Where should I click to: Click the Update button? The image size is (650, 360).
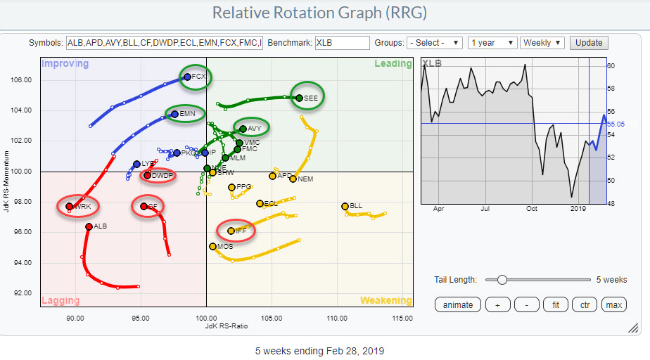[588, 43]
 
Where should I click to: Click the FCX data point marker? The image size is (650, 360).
[187, 77]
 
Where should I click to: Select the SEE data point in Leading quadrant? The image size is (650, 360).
[299, 98]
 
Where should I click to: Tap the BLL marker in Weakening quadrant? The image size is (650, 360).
[345, 206]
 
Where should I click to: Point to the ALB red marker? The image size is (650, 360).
[89, 226]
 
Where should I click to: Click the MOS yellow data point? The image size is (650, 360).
[212, 247]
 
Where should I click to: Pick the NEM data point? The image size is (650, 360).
[293, 179]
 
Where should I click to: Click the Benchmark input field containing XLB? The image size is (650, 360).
[342, 43]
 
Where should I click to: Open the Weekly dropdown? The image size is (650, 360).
[542, 43]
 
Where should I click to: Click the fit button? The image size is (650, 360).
[555, 304]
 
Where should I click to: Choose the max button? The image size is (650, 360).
[613, 304]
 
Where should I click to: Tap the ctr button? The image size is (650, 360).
[585, 304]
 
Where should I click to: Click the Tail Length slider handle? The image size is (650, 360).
[502, 279]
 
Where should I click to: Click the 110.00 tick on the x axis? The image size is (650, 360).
[337, 317]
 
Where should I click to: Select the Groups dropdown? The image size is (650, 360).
[435, 43]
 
